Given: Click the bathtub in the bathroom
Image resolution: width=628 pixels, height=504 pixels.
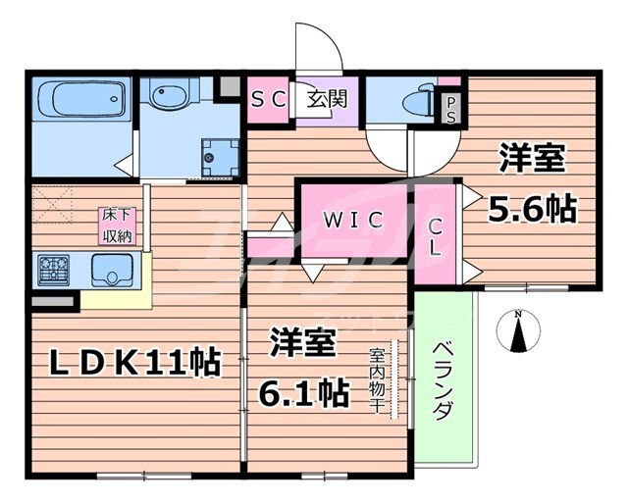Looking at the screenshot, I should pyautogui.click(x=82, y=100).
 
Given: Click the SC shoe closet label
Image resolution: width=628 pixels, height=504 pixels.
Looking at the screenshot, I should pyautogui.click(x=267, y=99).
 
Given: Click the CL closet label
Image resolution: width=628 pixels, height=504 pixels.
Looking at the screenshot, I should pyautogui.click(x=434, y=235).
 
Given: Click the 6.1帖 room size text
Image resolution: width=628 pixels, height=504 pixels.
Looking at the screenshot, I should pyautogui.click(x=302, y=393).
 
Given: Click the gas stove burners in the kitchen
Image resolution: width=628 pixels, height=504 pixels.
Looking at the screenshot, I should pyautogui.click(x=53, y=268).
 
